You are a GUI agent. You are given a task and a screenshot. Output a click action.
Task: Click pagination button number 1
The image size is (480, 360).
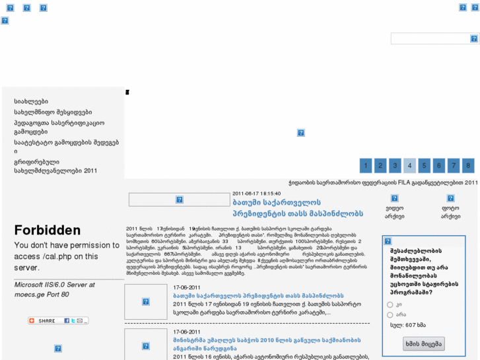[x=366, y=165]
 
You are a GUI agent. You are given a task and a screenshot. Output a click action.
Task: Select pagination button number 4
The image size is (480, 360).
[x=409, y=165]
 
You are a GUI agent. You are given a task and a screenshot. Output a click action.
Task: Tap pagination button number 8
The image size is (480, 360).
[x=467, y=165]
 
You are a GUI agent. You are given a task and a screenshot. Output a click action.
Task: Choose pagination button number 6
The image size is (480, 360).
[x=438, y=165]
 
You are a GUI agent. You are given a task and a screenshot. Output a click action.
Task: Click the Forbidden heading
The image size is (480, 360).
[x=48, y=231]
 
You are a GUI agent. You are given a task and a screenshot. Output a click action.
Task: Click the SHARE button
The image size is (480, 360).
[x=57, y=320]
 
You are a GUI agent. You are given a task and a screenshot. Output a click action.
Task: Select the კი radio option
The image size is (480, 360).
[x=390, y=305]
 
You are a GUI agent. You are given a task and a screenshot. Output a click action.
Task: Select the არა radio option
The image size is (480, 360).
[x=390, y=314]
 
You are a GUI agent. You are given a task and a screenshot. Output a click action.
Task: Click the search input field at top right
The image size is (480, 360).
[x=429, y=39]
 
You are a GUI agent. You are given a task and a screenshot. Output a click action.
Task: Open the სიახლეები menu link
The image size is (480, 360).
[x=31, y=102]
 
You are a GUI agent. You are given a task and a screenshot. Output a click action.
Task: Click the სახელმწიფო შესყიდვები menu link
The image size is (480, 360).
[x=53, y=112]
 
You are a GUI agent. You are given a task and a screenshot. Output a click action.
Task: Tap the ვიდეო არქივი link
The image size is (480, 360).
[x=394, y=211]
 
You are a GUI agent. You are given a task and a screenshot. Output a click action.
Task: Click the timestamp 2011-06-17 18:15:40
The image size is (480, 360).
[x=257, y=194]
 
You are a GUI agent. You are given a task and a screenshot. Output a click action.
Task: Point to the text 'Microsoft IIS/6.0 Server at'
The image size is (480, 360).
[x=55, y=285]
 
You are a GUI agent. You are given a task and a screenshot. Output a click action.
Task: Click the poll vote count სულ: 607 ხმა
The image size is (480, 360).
[x=407, y=325]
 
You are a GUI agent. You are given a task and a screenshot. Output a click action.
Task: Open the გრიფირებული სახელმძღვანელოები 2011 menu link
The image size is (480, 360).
[x=55, y=166]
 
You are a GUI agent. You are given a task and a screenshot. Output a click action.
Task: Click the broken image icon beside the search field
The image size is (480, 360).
[x=473, y=39]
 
